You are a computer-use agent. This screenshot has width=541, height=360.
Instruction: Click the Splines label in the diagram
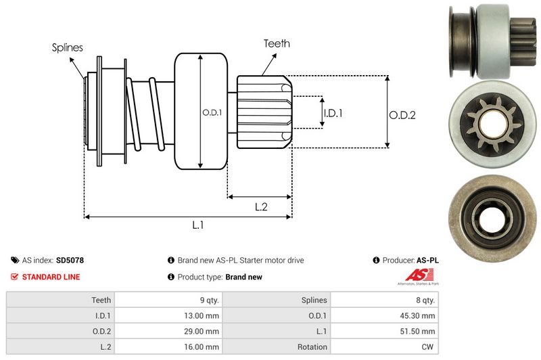click(x=67, y=47)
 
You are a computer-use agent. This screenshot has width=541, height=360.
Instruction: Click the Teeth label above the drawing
click(x=277, y=43)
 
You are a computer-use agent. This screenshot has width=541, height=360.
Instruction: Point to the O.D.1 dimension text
click(x=212, y=112)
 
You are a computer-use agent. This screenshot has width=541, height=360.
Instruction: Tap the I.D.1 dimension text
click(x=333, y=113)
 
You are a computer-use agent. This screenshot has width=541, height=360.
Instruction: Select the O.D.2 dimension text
click(x=402, y=115)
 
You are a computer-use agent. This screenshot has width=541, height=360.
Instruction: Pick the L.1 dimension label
click(x=198, y=225)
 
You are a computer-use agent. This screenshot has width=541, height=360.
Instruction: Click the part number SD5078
click(x=70, y=260)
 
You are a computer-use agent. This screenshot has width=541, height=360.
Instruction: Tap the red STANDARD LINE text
click(x=51, y=277)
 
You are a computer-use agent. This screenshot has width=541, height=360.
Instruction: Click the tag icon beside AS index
click(x=15, y=260)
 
